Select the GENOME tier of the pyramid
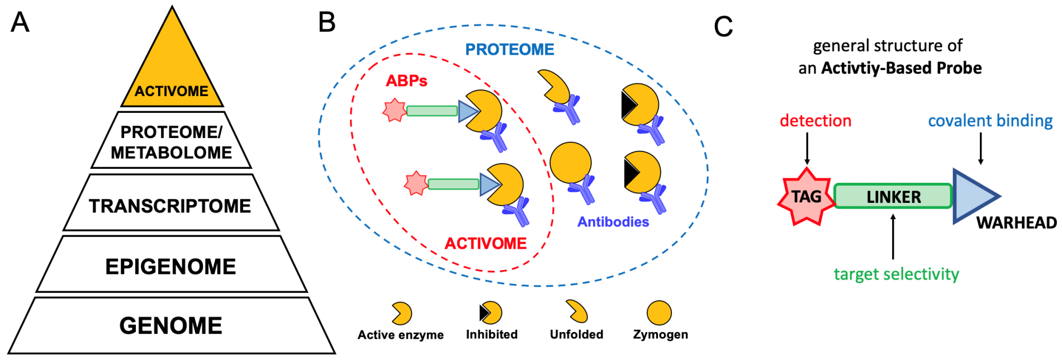pos(171,325)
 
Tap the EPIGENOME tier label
pos(171,266)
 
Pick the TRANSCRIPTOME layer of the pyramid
pos(170,205)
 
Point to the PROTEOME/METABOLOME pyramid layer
pos(171,142)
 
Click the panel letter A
pos(20,22)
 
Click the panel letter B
pos(327,22)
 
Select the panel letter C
pos(723,26)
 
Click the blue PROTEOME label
pos(510,49)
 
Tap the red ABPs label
pos(406,81)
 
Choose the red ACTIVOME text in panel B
pos(486,244)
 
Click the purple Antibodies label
pos(613,222)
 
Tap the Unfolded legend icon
pos(577,311)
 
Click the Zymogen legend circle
pos(659,313)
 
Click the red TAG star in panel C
pos(806,196)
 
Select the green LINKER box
pos(893,196)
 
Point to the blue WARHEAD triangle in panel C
pos(971,196)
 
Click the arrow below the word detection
pos(807,149)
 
